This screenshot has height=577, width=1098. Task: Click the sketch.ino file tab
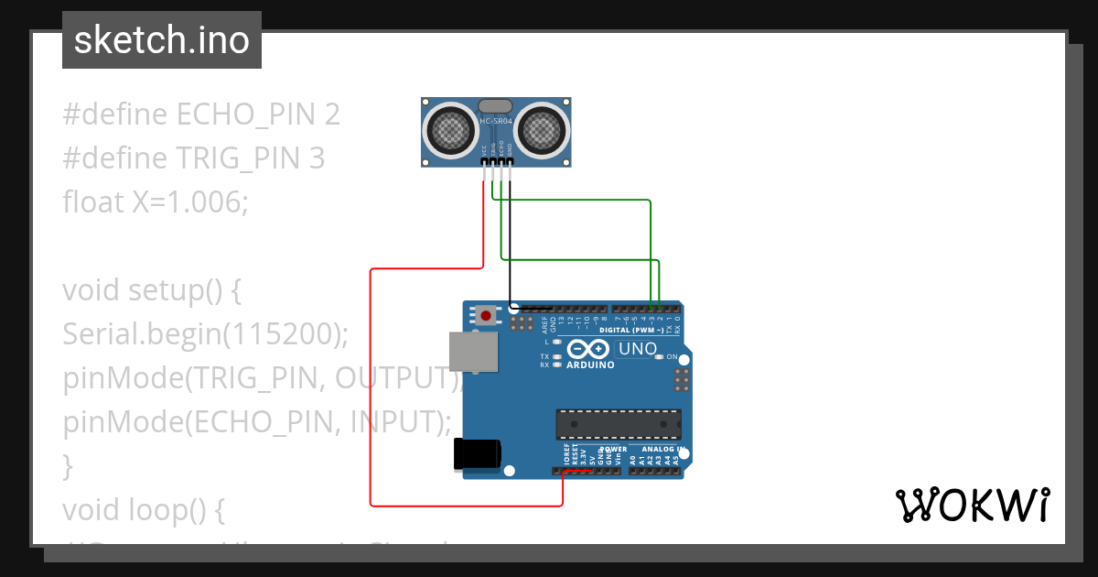click(x=162, y=40)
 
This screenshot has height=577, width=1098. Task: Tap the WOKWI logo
click(x=971, y=506)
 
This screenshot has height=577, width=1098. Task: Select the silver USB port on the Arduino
click(x=473, y=352)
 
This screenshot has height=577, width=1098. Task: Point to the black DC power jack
click(x=478, y=454)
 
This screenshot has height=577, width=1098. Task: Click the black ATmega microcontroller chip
click(x=619, y=424)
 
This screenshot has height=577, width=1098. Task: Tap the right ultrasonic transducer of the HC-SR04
click(x=541, y=129)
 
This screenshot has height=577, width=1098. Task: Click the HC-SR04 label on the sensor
click(x=495, y=121)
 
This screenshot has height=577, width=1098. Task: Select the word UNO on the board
click(x=638, y=349)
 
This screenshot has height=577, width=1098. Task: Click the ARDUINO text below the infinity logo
click(x=591, y=364)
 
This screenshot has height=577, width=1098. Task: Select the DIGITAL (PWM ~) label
click(x=638, y=330)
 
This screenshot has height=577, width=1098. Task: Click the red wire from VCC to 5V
click(x=371, y=385)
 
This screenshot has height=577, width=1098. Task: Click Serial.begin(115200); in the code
click(x=206, y=334)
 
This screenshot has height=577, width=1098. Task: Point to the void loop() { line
click(x=143, y=509)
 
